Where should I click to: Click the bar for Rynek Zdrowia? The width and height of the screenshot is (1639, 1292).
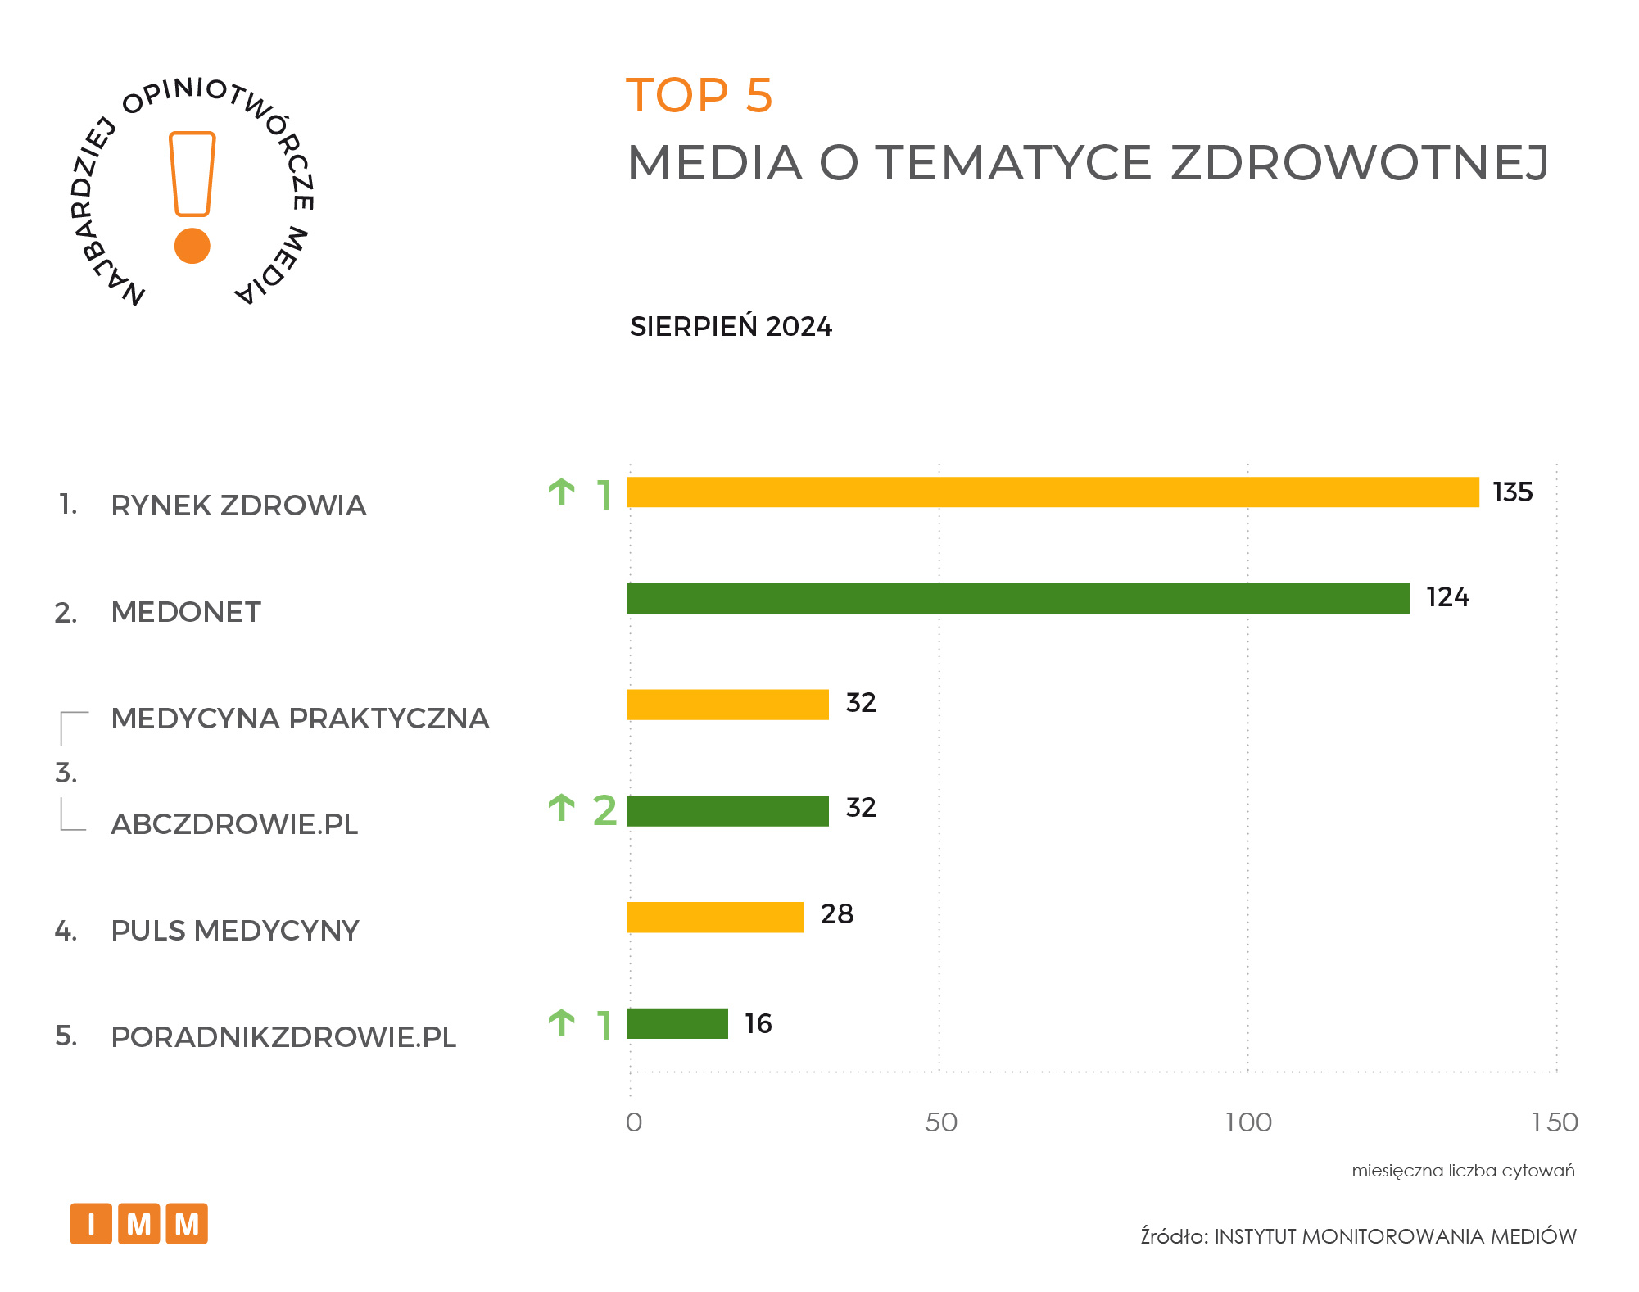1053,492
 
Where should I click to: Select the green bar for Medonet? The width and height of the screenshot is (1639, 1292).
1017,598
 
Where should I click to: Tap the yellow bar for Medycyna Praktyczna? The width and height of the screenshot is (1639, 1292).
727,705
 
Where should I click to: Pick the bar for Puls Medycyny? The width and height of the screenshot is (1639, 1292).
715,917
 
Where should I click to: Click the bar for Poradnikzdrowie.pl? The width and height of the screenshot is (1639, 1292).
677,1023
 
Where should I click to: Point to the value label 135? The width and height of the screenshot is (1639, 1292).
1512,492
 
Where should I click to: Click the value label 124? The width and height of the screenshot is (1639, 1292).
1447,597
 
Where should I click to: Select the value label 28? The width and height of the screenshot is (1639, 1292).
837,914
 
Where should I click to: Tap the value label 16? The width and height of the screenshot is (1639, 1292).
758,1024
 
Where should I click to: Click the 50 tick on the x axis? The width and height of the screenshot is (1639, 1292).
940,1122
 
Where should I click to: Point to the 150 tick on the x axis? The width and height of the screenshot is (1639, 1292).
1554,1122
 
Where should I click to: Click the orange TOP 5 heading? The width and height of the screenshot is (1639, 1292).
700,96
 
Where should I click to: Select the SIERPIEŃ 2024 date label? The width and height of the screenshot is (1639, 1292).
731,327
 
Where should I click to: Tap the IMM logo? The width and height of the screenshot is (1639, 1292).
139,1224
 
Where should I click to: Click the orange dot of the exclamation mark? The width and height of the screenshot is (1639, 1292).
192,246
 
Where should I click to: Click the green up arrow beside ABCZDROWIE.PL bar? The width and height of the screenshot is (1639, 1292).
562,808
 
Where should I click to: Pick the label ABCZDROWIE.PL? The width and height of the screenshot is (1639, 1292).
234,824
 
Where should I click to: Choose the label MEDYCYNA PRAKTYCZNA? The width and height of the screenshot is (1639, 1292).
300,719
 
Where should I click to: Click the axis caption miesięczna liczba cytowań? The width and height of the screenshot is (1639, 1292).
1463,1171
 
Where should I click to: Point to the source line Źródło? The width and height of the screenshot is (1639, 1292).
1358,1236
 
